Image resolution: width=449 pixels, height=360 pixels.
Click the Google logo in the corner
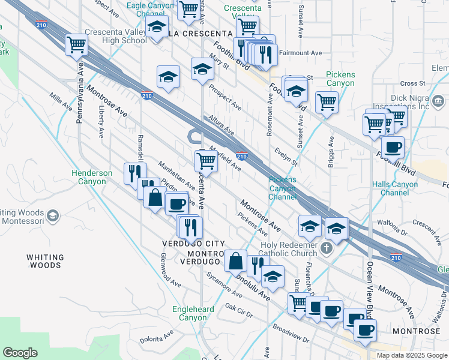(20, 352)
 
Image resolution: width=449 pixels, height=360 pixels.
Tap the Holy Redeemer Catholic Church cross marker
(327, 248)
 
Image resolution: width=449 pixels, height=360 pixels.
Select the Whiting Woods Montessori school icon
(53, 215)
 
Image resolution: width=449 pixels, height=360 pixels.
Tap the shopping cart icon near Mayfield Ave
(206, 160)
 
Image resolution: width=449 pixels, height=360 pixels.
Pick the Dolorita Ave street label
(157, 334)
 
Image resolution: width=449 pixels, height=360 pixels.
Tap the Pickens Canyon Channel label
(282, 188)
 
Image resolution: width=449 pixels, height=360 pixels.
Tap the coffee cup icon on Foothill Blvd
(393, 146)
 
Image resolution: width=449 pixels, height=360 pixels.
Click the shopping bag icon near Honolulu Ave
(236, 260)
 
